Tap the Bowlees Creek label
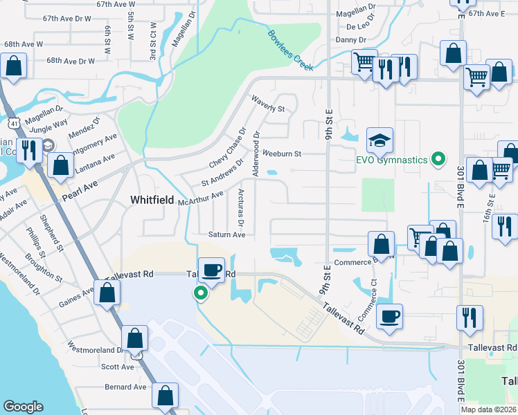(x=290, y=50)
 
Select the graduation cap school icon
(x=379, y=142)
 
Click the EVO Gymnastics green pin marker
(x=438, y=160)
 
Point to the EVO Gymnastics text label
(x=391, y=160)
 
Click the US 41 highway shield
(x=14, y=123)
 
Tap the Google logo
(x=23, y=407)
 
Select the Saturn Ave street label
(x=227, y=235)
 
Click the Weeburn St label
(x=281, y=154)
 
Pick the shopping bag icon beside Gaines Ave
(x=107, y=293)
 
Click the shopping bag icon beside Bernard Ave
(x=166, y=396)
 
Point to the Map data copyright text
(x=488, y=409)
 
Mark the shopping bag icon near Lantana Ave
(x=60, y=165)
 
